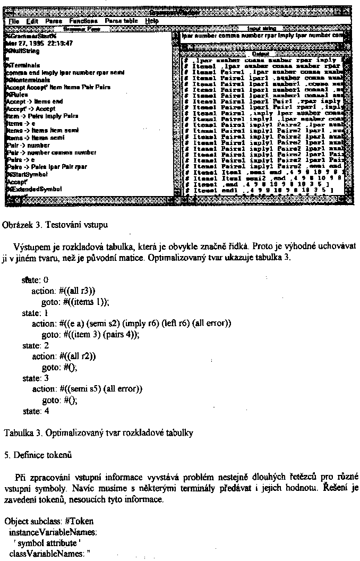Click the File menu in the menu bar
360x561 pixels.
tap(14, 20)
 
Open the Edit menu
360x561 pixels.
tap(32, 20)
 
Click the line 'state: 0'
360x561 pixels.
tap(35, 279)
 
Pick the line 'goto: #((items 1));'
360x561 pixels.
tap(75, 301)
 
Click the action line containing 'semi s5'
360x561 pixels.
tap(87, 389)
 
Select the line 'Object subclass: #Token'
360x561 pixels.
tap(40, 521)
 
